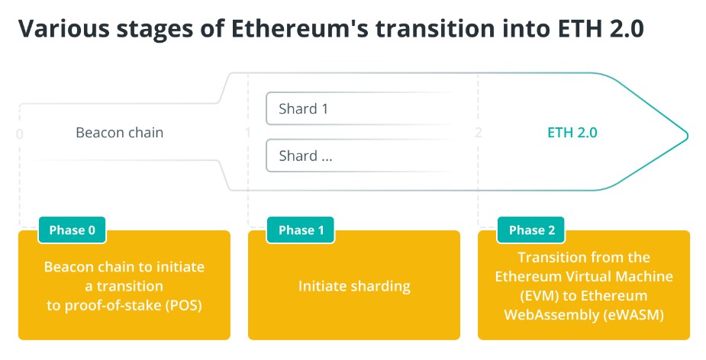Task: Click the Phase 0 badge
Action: tap(72, 230)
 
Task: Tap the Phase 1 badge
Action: tap(301, 230)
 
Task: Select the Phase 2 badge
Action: tap(531, 230)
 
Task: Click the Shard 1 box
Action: tap(360, 108)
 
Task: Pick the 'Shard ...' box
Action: tap(360, 156)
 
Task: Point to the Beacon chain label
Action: tap(119, 133)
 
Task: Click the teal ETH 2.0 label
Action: tap(572, 133)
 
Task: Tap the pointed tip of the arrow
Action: tap(688, 134)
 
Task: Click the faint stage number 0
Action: tap(19, 134)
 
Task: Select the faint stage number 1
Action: tap(247, 132)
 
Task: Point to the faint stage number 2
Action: tap(478, 132)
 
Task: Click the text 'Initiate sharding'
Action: tap(354, 286)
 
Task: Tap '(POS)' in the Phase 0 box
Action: tap(184, 306)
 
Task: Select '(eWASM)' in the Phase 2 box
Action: tap(633, 315)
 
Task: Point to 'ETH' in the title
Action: tap(577, 29)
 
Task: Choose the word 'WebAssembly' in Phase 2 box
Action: tap(551, 315)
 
